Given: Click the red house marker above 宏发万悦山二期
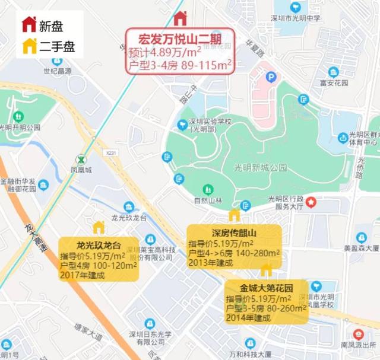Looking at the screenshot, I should tap(180, 19).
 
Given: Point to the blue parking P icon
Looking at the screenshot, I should tap(271, 77).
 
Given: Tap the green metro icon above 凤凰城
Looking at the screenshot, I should tap(80, 160).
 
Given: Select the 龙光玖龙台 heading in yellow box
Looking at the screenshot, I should tap(99, 246).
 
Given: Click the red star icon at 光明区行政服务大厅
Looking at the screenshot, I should tap(311, 203).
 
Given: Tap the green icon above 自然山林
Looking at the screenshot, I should tap(208, 190).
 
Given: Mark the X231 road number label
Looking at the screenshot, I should tap(109, 152).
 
